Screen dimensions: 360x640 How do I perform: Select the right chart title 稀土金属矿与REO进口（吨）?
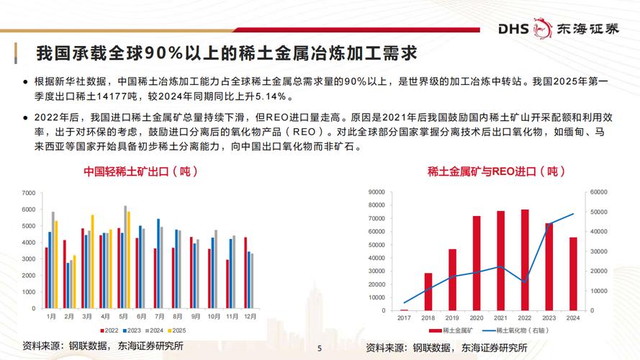pyautogui.click(x=492, y=172)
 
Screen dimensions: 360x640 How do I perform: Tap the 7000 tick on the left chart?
pyautogui.click(x=28, y=193)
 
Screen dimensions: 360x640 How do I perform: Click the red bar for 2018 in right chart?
pyautogui.click(x=428, y=292)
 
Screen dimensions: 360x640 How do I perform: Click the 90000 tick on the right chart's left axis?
pyautogui.click(x=379, y=193)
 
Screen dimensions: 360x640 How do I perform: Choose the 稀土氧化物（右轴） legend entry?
pyautogui.click(x=524, y=330)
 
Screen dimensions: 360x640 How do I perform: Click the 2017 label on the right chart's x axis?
pyautogui.click(x=404, y=318)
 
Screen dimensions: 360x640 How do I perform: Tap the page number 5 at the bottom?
pyautogui.click(x=320, y=348)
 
